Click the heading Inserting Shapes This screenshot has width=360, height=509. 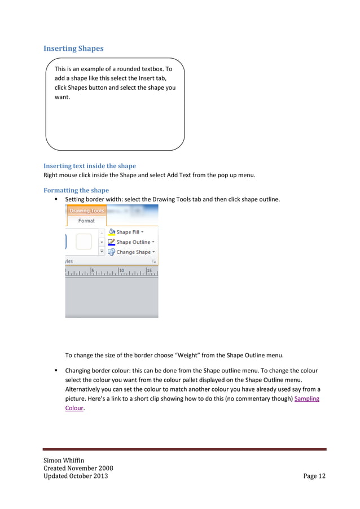click(x=73, y=49)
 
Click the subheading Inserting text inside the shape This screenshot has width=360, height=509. click(x=90, y=166)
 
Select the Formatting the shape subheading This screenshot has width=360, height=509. click(x=76, y=190)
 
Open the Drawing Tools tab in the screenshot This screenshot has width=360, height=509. click(x=86, y=211)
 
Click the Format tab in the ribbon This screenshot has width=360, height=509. click(x=86, y=221)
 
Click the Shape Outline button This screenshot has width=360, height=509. click(x=133, y=242)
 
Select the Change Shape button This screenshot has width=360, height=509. click(x=134, y=252)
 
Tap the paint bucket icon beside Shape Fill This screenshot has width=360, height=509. click(x=112, y=232)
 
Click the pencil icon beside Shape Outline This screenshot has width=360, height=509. click(x=112, y=242)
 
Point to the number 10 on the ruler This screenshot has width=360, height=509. click(x=121, y=270)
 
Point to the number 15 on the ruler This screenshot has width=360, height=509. click(x=149, y=270)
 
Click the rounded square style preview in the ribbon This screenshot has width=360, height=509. click(x=84, y=242)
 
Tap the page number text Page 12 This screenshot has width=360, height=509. click(x=314, y=476)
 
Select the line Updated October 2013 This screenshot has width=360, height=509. click(x=76, y=476)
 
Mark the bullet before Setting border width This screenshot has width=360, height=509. click(x=56, y=199)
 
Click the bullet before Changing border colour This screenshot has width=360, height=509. click(x=56, y=371)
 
